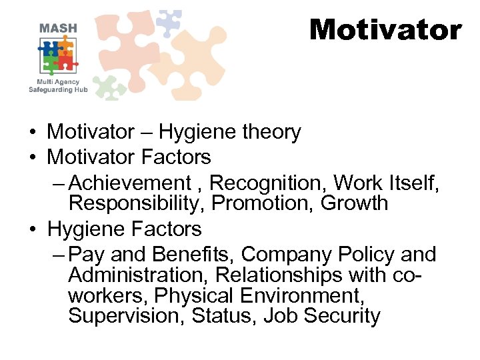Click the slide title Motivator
pos(385,30)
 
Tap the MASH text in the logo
pos(58,28)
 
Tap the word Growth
pos(354,203)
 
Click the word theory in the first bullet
pos(271,133)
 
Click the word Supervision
pos(127,315)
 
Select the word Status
pos(224,315)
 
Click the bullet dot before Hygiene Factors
pos(32,230)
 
